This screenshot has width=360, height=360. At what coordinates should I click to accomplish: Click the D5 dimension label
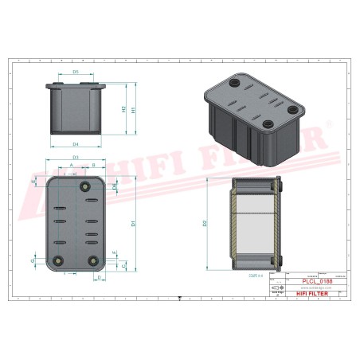[76, 72]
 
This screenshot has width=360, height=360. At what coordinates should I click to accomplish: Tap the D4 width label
[76, 144]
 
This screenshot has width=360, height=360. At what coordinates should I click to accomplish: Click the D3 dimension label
[76, 158]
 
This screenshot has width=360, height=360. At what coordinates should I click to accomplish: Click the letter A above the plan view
[72, 165]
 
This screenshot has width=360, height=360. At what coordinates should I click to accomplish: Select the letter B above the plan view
[93, 165]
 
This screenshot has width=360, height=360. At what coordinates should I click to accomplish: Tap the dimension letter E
[33, 182]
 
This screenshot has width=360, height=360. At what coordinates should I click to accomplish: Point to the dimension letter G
[33, 260]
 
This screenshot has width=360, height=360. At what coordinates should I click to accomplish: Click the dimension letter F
[115, 253]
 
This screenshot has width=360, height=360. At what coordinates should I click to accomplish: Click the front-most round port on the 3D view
[267, 122]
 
